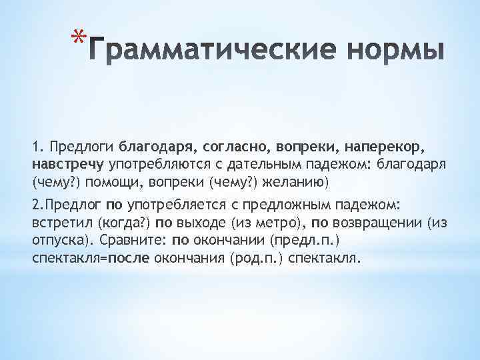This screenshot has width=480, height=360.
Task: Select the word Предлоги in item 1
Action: pos(83,145)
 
